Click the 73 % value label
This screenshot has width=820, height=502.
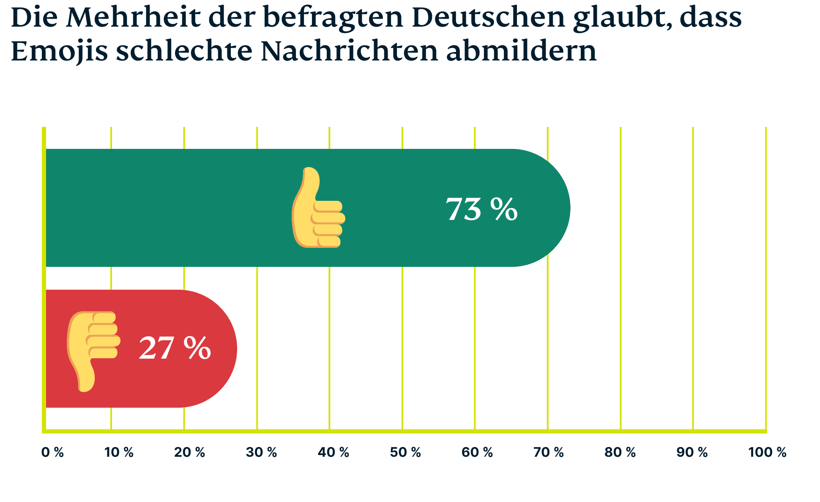(x=481, y=209)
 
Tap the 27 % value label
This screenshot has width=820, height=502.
(x=175, y=348)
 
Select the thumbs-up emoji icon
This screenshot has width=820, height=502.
(x=318, y=208)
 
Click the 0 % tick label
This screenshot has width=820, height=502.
(x=52, y=453)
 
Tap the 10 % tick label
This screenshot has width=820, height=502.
(x=119, y=453)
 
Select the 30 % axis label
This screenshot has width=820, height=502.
(x=261, y=453)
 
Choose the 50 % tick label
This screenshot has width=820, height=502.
(x=405, y=453)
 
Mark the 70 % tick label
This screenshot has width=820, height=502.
(x=548, y=453)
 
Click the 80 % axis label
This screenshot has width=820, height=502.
(x=620, y=453)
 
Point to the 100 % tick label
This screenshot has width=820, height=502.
(x=767, y=453)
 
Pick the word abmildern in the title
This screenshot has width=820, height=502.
(x=521, y=51)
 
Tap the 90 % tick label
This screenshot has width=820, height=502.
(x=692, y=453)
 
